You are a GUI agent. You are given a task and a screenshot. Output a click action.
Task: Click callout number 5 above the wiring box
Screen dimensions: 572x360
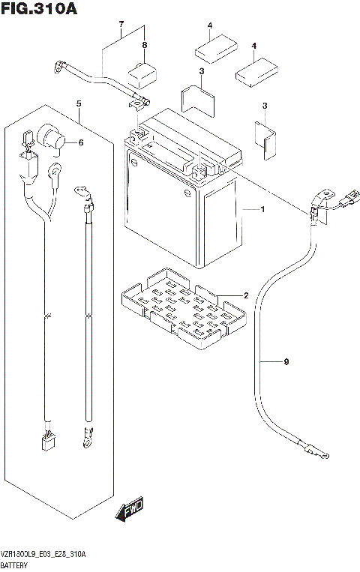tap(79, 103)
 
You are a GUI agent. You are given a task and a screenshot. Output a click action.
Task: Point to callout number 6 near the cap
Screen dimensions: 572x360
tap(81, 142)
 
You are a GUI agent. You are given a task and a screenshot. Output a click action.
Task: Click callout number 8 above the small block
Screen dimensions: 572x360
tap(145, 45)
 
